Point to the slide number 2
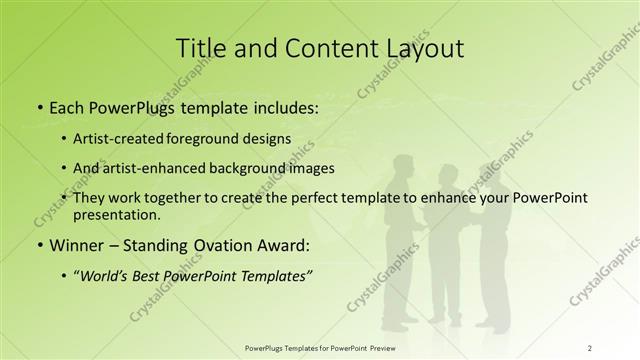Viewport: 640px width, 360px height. coord(589,347)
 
